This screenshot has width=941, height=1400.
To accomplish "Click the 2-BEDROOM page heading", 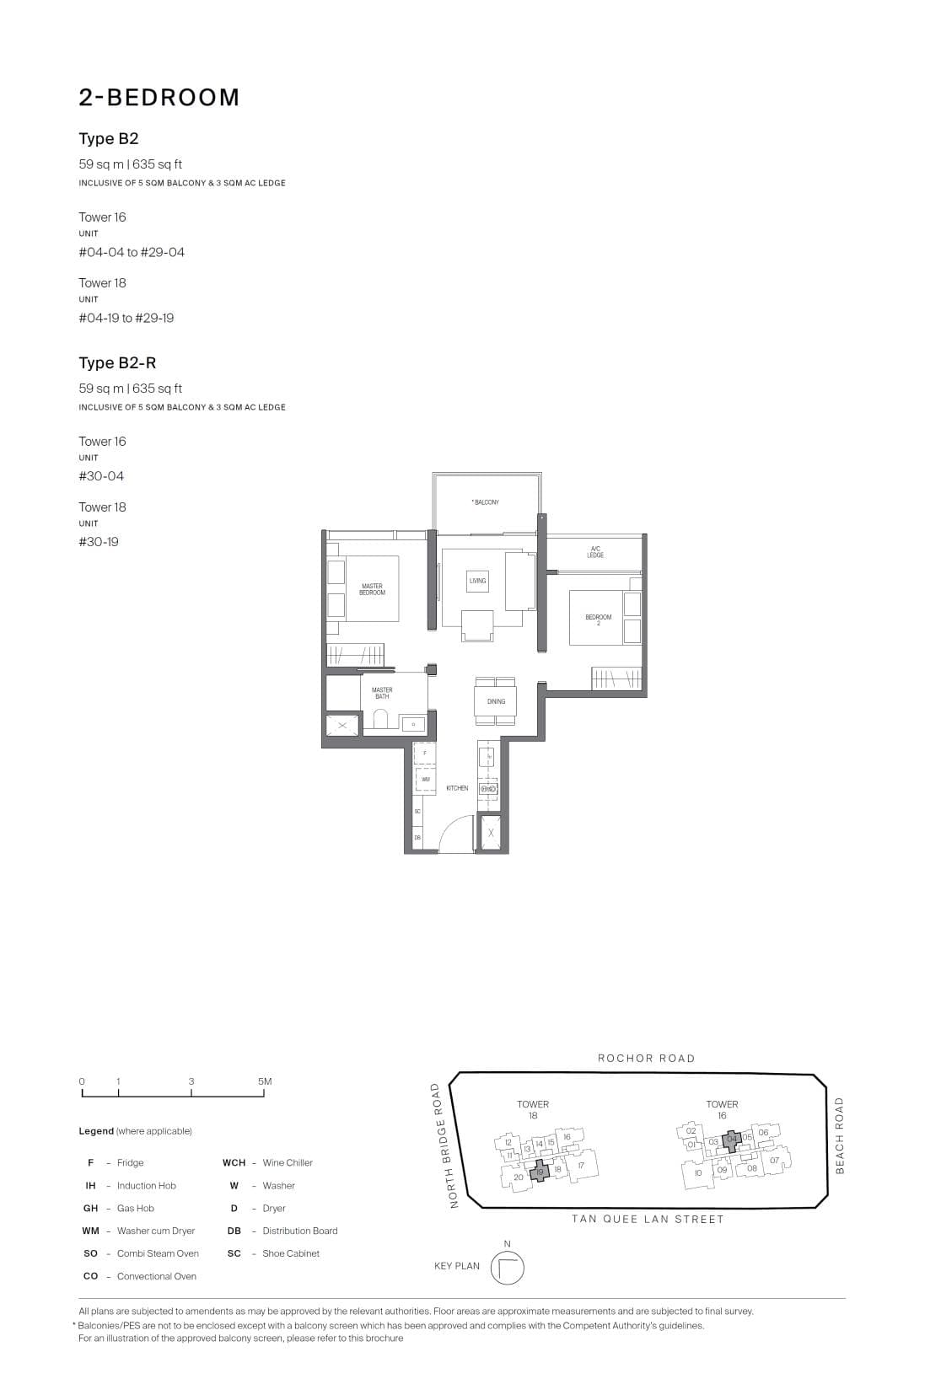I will pyautogui.click(x=159, y=98).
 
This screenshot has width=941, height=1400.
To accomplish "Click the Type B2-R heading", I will pyautogui.click(x=117, y=362).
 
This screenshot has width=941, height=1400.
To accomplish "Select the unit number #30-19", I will pyautogui.click(x=99, y=542).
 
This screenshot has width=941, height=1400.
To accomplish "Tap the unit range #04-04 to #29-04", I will pyautogui.click(x=132, y=252).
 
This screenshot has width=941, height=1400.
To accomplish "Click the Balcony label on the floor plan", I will pyautogui.click(x=486, y=502).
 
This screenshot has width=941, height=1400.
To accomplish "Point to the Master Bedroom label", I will pyautogui.click(x=372, y=589).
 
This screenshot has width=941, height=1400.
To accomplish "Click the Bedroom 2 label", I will pyautogui.click(x=599, y=620).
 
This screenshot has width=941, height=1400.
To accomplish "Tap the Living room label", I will pyautogui.click(x=478, y=581).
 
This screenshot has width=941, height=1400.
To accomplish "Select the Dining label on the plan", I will pyautogui.click(x=496, y=701).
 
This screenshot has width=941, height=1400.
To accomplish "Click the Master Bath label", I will pyautogui.click(x=382, y=693).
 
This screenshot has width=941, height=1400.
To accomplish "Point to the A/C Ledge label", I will pyautogui.click(x=595, y=552).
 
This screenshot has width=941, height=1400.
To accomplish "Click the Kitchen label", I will pyautogui.click(x=457, y=788).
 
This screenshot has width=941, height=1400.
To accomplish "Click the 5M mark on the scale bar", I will pyautogui.click(x=265, y=1081).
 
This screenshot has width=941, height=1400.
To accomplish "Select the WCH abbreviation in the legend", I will pyautogui.click(x=234, y=1162).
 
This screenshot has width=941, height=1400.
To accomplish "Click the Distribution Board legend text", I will pyautogui.click(x=299, y=1231).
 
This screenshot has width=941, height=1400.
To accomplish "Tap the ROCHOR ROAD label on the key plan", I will pyautogui.click(x=646, y=1059).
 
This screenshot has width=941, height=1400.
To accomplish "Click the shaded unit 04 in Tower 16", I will pyautogui.click(x=732, y=1140).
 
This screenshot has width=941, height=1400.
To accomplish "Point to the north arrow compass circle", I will pyautogui.click(x=507, y=1268).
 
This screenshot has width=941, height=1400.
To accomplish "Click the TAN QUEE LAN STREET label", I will pyautogui.click(x=647, y=1219).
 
